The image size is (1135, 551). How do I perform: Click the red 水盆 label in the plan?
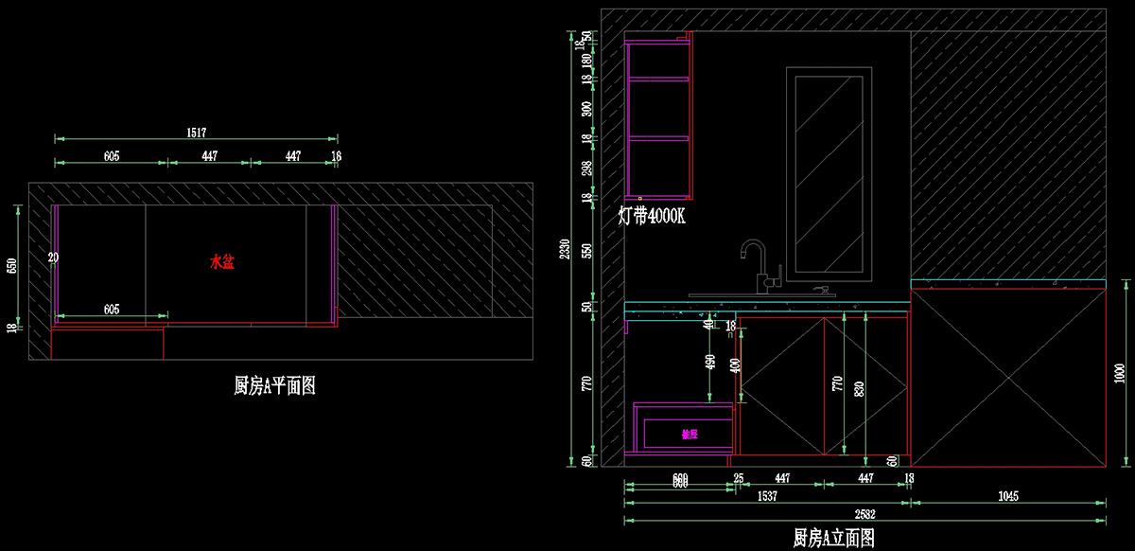[221, 261]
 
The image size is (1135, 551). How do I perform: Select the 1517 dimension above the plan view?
[196, 133]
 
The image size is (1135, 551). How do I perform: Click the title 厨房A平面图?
[274, 385]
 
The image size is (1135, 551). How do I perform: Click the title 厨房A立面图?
[833, 538]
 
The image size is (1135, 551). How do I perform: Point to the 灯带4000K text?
[652, 216]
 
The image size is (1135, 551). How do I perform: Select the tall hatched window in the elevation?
[829, 173]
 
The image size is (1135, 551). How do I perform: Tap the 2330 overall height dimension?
[565, 249]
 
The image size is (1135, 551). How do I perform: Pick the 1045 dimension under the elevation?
[1007, 495]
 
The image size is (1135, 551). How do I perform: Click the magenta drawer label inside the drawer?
[690, 435]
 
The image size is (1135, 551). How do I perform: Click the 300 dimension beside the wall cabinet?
[586, 108]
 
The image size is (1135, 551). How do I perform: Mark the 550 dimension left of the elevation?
[586, 251]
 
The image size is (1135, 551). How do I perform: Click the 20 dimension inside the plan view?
[53, 258]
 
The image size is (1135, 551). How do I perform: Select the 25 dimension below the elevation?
[738, 479]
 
